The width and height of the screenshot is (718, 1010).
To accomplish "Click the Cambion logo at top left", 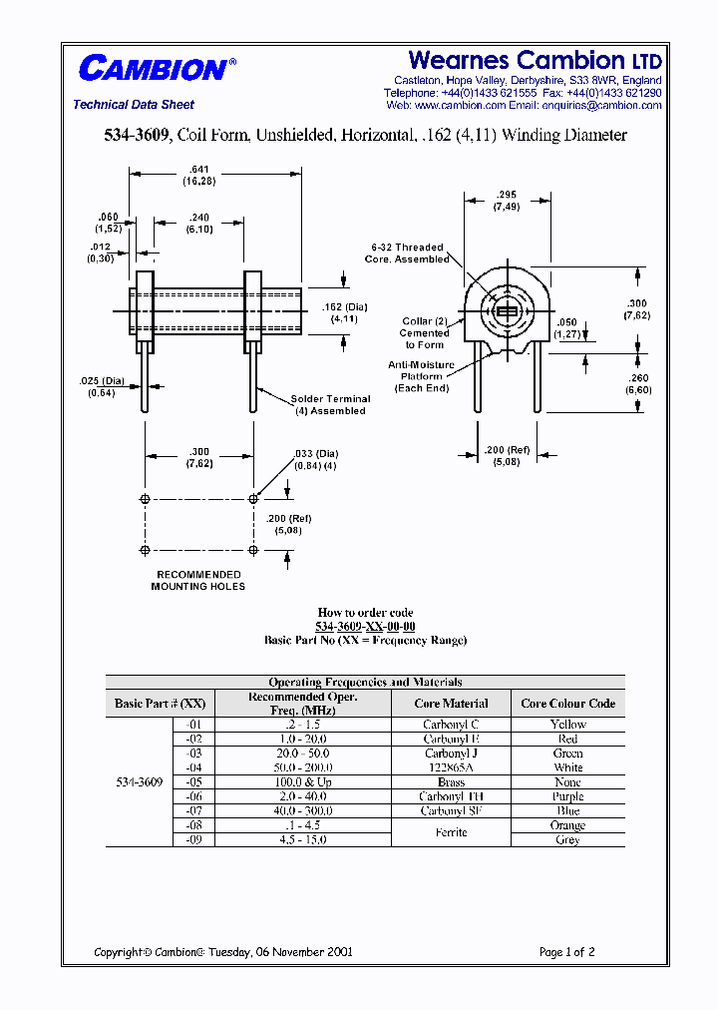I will pos(155,68).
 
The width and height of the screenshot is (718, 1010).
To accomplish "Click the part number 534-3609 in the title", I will pos(139,135).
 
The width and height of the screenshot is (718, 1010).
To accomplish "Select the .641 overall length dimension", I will pos(200,176).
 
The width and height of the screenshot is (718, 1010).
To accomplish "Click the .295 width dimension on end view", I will pos(506,201).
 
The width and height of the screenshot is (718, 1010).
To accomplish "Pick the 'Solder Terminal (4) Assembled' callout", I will pos(330,404).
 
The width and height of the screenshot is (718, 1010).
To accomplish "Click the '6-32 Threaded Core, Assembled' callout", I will pos(407,252).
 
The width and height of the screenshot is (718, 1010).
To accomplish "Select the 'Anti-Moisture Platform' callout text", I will pos(421,376).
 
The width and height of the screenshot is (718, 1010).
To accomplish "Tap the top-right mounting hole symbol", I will pos(253,498).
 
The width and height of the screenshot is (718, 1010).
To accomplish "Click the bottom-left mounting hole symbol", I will pos(146,550).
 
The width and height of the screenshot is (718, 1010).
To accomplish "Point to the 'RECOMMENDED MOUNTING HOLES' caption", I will pos(198,580).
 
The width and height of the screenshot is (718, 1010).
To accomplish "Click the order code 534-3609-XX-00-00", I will pos(365,626).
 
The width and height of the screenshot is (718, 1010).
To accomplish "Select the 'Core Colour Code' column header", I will pos(567,704).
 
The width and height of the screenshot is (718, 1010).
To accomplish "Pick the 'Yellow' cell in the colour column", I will pos(567,724).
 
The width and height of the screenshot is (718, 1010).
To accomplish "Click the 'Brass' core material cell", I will pos(451,782).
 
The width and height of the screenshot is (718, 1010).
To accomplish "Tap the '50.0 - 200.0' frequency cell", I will pos(300,767).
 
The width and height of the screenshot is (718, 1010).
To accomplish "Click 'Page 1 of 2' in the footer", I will pos(566,952).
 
